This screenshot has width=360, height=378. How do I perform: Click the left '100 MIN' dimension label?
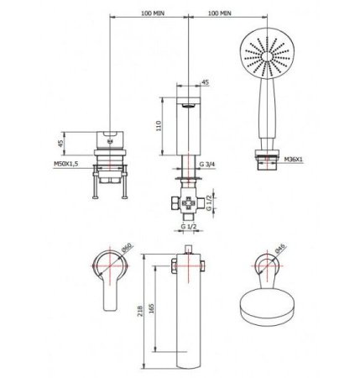153,13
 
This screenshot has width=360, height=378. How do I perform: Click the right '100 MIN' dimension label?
220,13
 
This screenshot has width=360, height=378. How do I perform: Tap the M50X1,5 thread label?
65,164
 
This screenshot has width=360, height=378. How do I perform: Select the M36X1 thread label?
294,160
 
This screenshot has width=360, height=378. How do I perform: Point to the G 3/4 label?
207,164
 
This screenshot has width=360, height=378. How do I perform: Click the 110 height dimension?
159,126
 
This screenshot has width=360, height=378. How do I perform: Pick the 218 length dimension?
140,311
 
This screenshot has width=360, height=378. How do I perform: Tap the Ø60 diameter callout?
127,247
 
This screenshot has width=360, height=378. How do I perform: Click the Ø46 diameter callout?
279,249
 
